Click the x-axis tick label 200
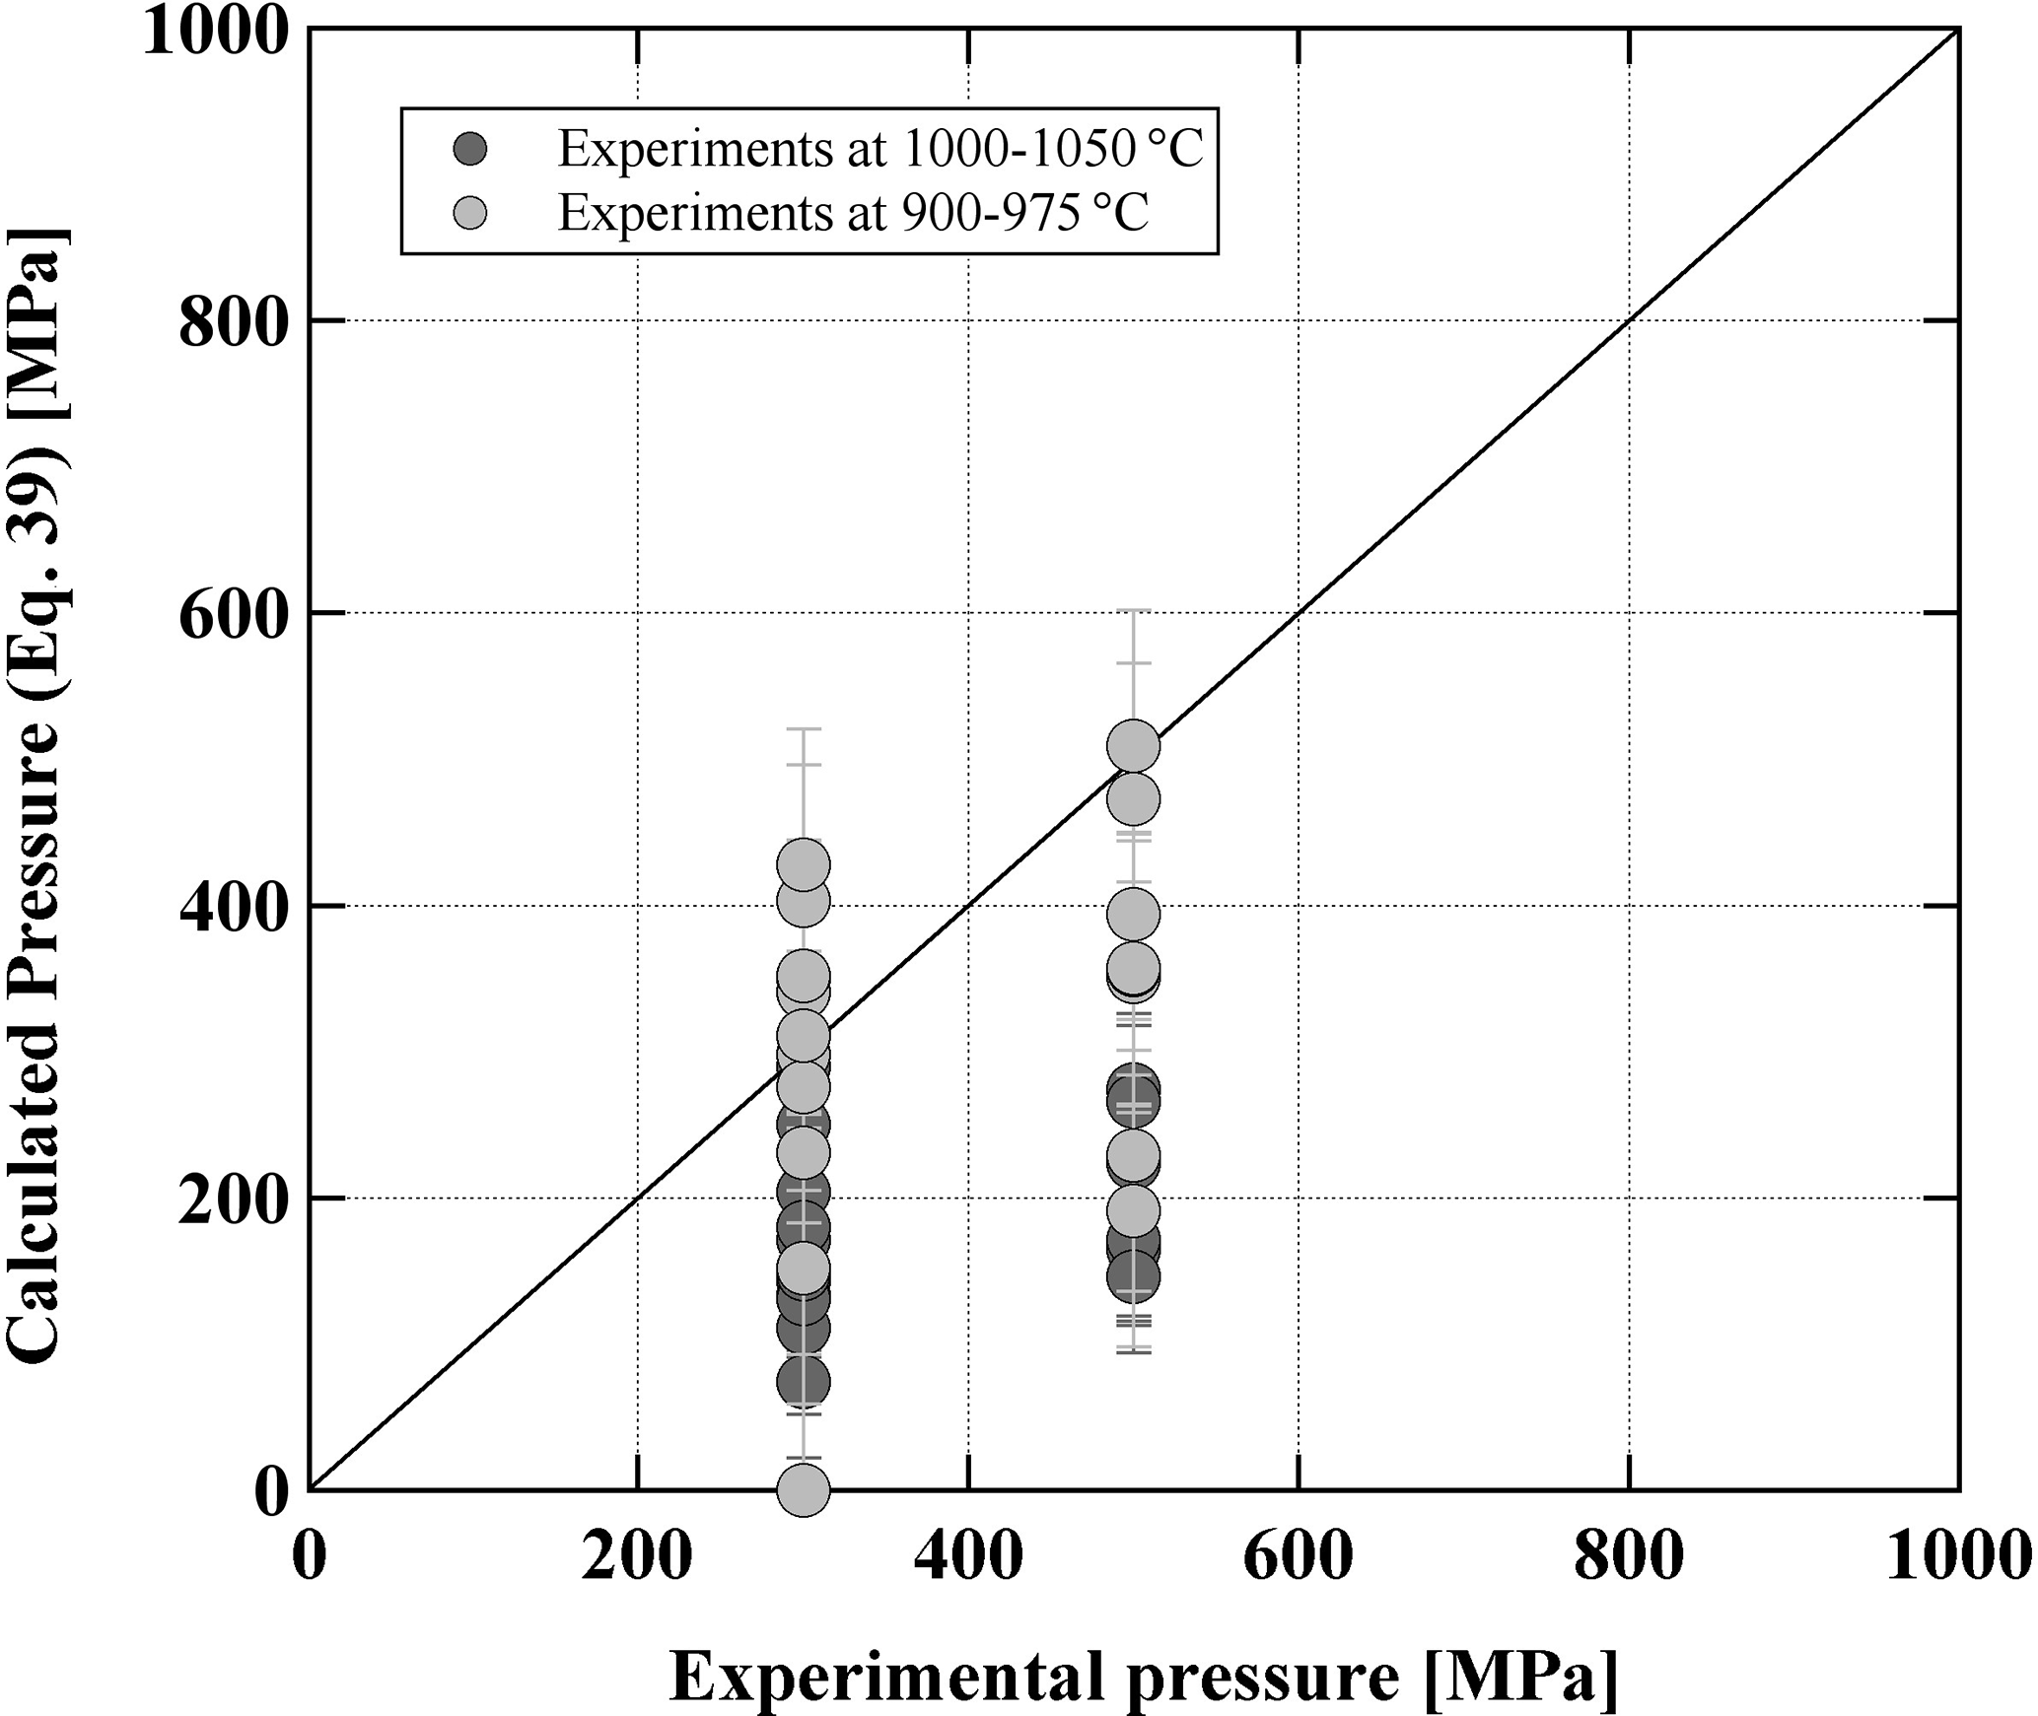pyautogui.click(x=636, y=1560)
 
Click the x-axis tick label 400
pyautogui.click(x=967, y=1560)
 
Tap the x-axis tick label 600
pyautogui.click(x=1298, y=1560)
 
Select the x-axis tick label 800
pyautogui.click(x=1628, y=1560)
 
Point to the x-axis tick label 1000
pyautogui.click(x=1957, y=1560)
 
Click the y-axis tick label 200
pyautogui.click(x=233, y=1199)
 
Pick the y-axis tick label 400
pyautogui.click(x=233, y=906)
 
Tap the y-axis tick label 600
pyautogui.click(x=233, y=613)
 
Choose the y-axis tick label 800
pyautogui.click(x=233, y=321)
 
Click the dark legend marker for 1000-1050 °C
pyautogui.click(x=469, y=149)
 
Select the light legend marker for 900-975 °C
pyautogui.click(x=469, y=212)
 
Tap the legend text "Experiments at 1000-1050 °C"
pyautogui.click(x=879, y=149)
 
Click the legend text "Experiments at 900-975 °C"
pyautogui.click(x=853, y=212)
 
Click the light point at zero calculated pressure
pyautogui.click(x=804, y=1488)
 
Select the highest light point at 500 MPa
pyautogui.click(x=1133, y=746)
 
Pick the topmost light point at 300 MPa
pyautogui.click(x=804, y=865)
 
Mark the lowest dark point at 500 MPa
pyautogui.click(x=1133, y=1277)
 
